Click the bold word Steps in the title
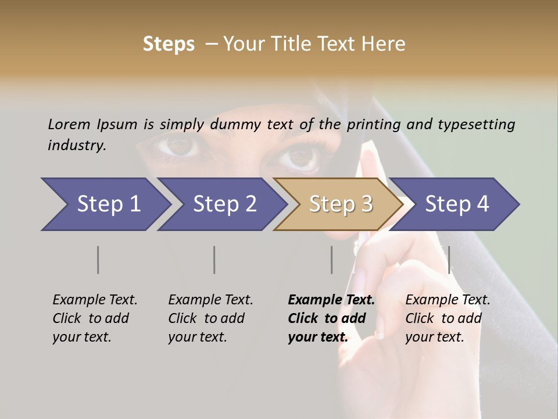coord(169,44)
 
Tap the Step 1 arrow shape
coord(108,204)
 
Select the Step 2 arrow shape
coord(224,204)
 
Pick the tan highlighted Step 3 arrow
coord(340,204)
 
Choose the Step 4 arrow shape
coord(457,204)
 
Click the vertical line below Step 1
coord(98,260)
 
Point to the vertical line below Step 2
coord(214,260)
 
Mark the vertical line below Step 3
coord(331,260)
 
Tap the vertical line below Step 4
coord(449,260)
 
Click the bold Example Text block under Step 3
coord(331,318)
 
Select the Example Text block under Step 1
coord(95,318)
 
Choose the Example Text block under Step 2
coord(210,318)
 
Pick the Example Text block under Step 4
coord(448,318)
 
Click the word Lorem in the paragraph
coord(69,124)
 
